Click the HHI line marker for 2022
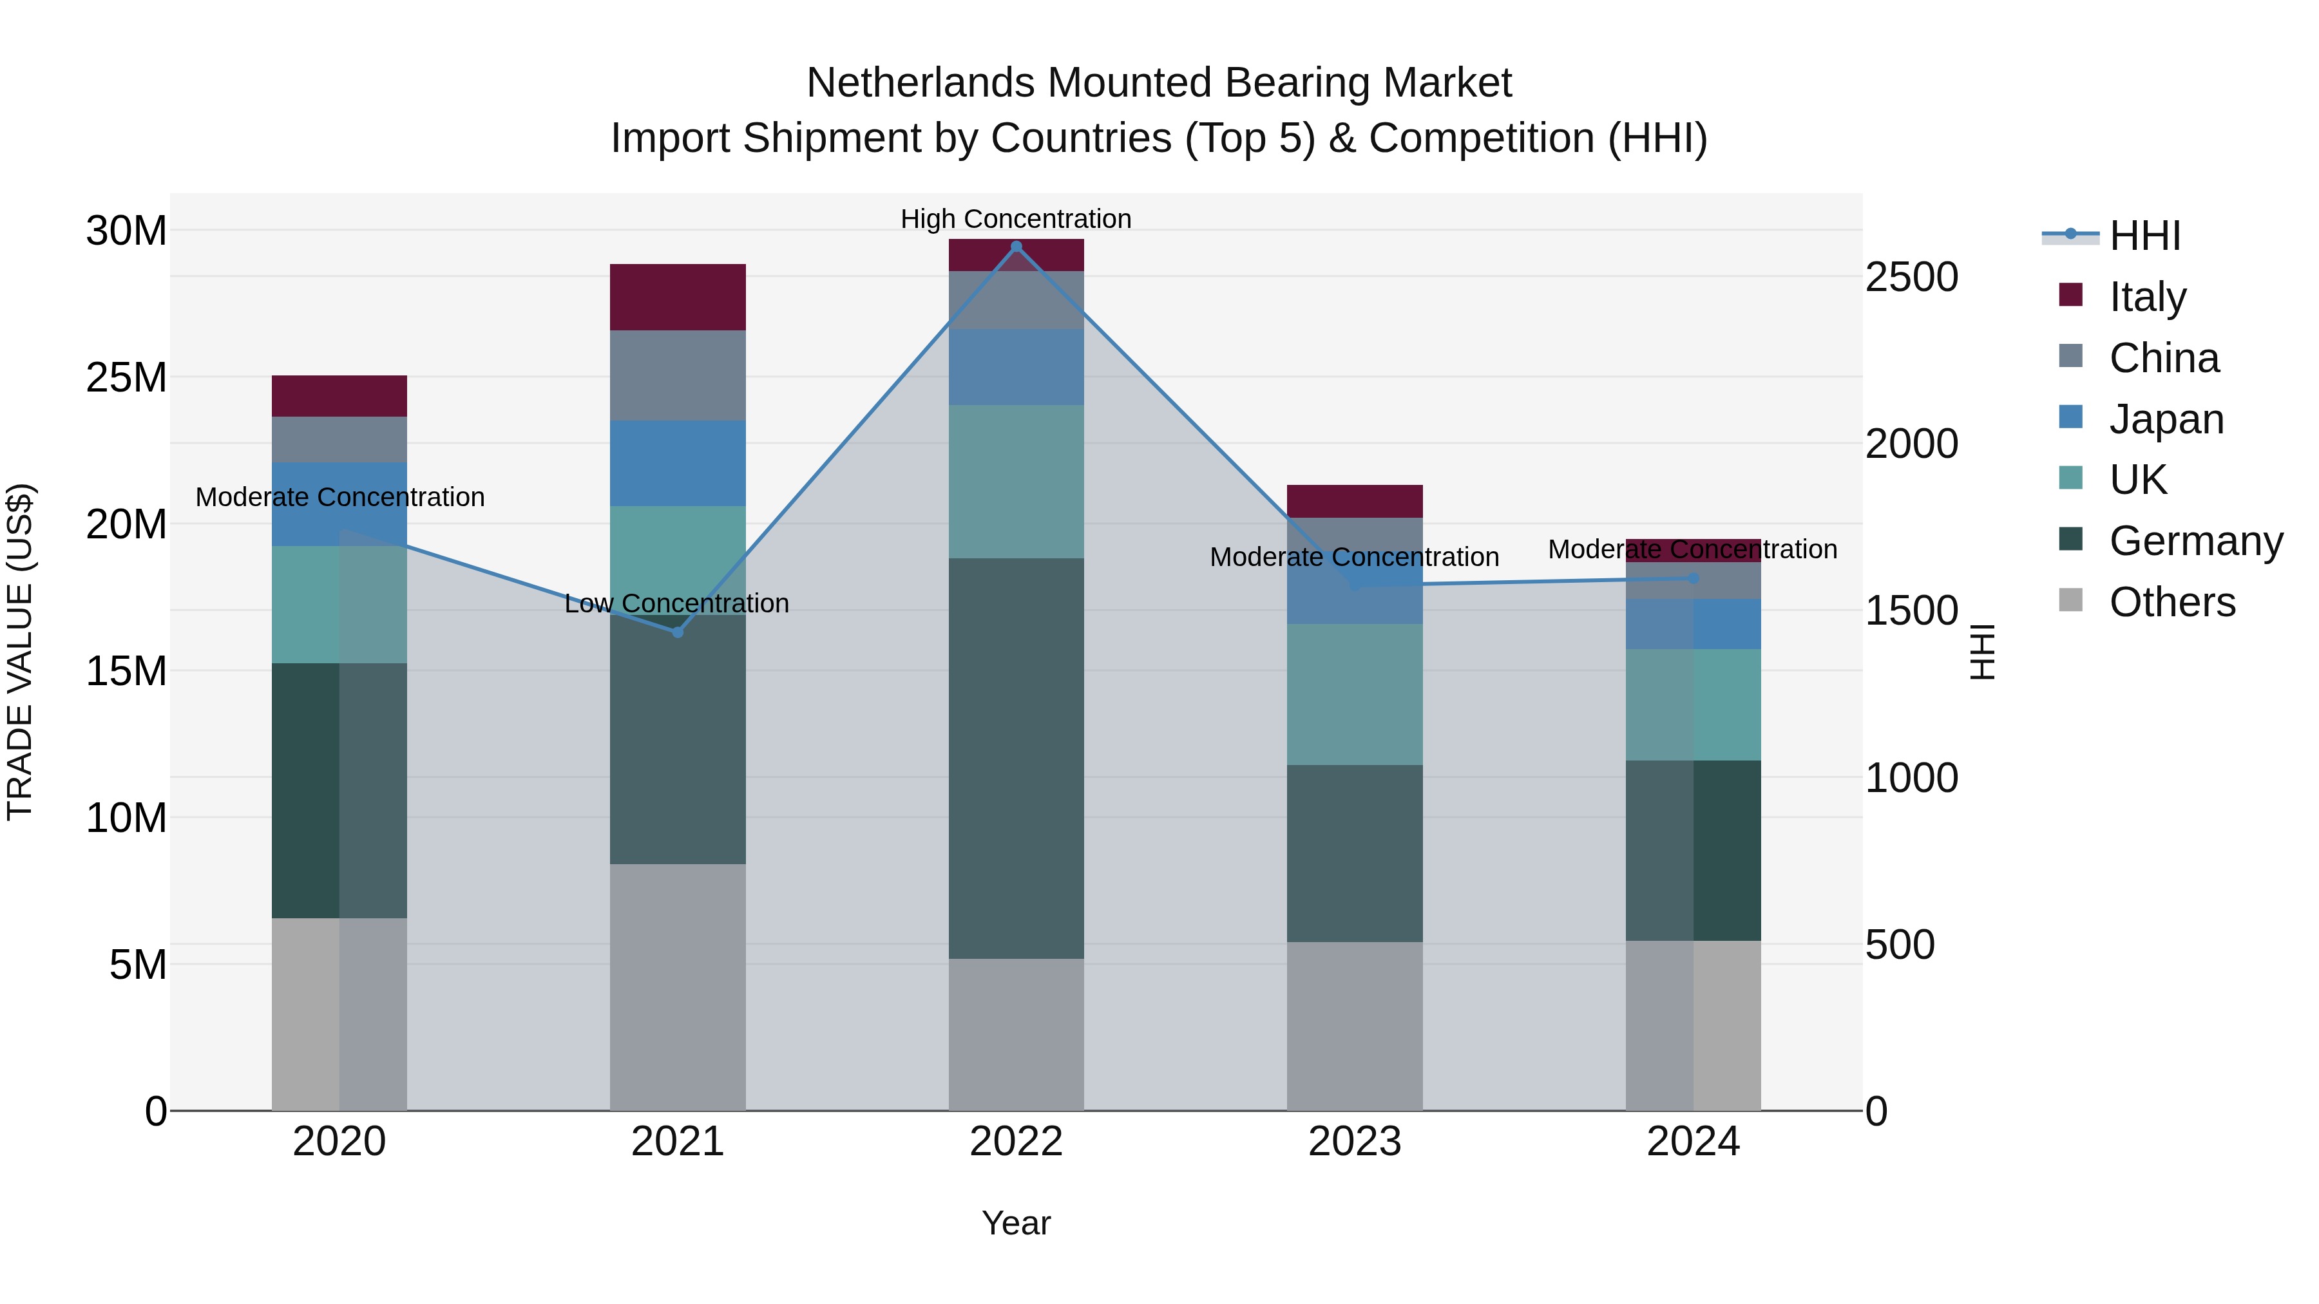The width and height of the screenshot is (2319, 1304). click(x=1016, y=247)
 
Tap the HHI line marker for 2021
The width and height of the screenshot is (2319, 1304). click(x=678, y=632)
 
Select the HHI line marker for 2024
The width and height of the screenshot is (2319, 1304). click(x=1694, y=578)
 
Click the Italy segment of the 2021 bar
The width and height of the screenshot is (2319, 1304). click(x=678, y=297)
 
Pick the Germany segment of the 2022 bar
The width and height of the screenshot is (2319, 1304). click(x=1016, y=758)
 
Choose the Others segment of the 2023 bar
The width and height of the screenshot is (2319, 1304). click(x=1355, y=1026)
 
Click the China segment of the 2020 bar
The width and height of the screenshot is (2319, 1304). click(x=339, y=439)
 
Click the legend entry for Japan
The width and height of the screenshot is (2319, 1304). click(x=2165, y=419)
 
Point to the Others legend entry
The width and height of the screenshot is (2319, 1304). click(x=2171, y=602)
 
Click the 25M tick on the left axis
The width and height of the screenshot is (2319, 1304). click(x=126, y=378)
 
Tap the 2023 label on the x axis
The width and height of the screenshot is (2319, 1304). click(x=1355, y=1142)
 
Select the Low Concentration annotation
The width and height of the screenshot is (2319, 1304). click(x=677, y=603)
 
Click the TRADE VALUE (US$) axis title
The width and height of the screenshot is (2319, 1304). click(x=20, y=652)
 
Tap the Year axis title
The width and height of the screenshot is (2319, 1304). click(x=1016, y=1223)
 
